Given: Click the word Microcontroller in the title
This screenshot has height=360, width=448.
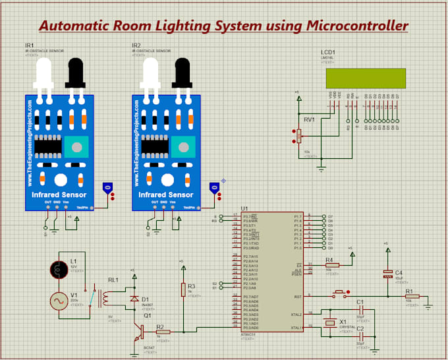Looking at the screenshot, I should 356,26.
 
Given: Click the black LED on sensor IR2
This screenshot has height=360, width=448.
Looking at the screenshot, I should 182,71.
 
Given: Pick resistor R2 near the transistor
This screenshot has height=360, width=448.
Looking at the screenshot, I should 163,332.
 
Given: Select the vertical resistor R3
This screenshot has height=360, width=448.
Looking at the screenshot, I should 182,289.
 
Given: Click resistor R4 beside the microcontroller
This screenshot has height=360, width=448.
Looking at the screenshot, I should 332,264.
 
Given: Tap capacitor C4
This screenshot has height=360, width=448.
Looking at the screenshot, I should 387,276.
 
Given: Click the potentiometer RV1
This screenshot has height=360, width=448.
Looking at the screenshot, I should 298,136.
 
